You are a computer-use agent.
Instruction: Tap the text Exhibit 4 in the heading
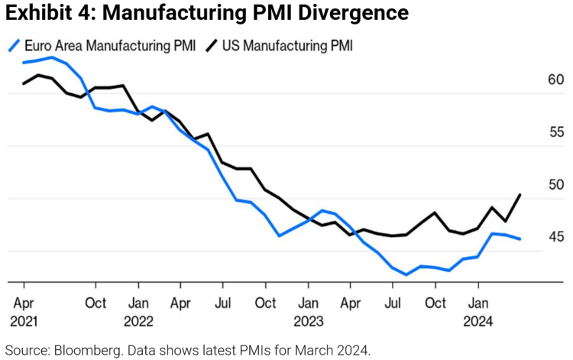[40, 13]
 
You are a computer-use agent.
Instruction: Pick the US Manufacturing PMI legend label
[287, 46]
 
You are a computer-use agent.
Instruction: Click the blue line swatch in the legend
[15, 46]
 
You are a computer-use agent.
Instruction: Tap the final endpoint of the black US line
[520, 195]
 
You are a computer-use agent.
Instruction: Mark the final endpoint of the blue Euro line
[520, 239]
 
